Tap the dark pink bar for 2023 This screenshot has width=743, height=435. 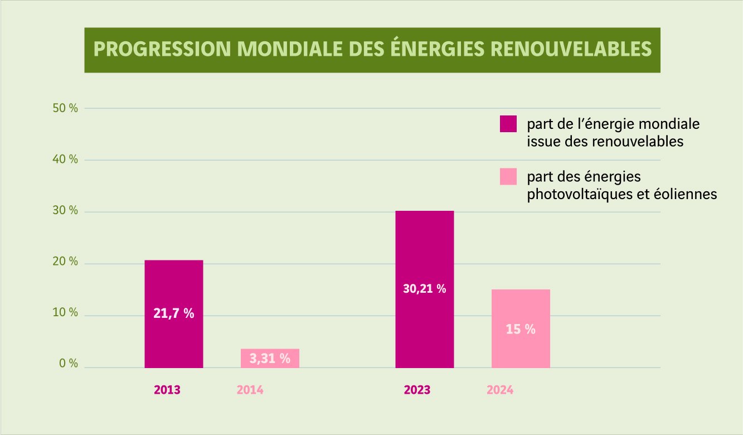click(425, 251)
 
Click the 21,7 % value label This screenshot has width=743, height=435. click(174, 313)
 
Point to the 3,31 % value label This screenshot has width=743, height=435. click(270, 359)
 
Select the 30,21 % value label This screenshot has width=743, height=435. click(425, 289)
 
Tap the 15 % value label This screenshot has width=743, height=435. click(521, 330)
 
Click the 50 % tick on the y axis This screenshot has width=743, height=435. click(65, 108)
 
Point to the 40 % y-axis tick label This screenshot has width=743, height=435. click(65, 159)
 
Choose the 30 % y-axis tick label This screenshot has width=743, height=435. click(65, 211)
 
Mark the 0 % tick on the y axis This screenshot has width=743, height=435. click(67, 364)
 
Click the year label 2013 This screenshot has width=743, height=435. click(167, 390)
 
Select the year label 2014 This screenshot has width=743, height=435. click(250, 390)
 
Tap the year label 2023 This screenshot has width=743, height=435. click(417, 390)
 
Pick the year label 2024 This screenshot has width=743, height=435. click(499, 390)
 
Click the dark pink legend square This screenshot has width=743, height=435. click(508, 124)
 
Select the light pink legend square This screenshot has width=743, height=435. click(508, 176)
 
